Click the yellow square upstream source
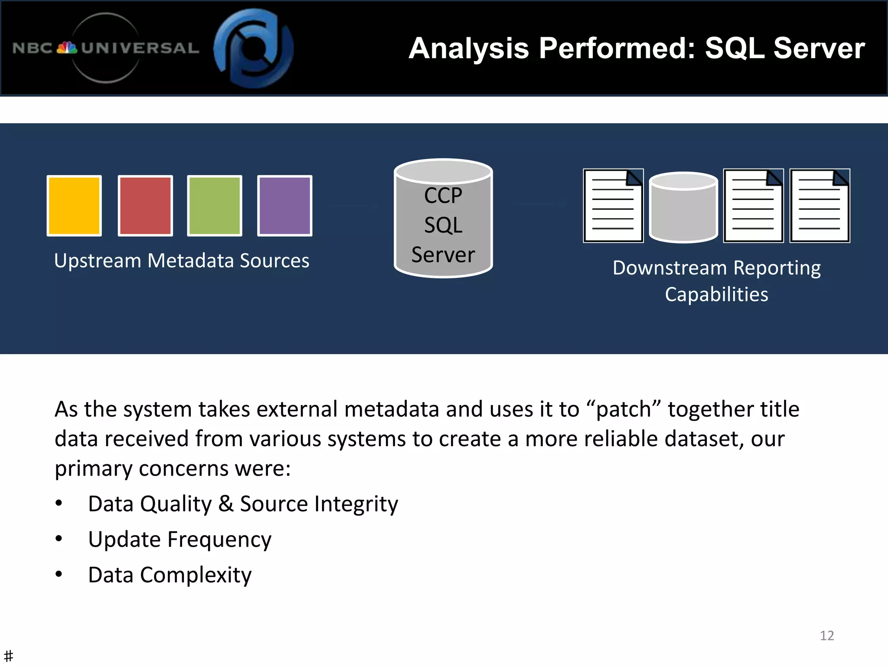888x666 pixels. (74, 206)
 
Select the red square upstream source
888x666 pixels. (145, 206)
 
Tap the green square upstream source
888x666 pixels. (214, 206)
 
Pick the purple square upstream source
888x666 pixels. (284, 206)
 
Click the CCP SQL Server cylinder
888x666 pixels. (443, 219)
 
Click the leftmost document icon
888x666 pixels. (613, 206)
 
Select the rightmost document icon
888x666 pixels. (819, 206)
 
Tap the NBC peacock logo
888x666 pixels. (67, 48)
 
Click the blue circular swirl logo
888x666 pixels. (254, 48)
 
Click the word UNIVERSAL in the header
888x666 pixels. (140, 48)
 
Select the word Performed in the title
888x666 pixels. (617, 48)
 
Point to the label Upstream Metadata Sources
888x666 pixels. (182, 261)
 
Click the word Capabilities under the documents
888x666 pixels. (716, 294)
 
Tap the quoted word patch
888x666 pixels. (624, 409)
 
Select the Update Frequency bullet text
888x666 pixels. (180, 539)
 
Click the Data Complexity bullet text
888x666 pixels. (170, 575)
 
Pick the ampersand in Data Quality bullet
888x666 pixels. (225, 504)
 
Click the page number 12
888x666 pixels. (826, 635)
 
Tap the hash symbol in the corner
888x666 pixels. (8, 656)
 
